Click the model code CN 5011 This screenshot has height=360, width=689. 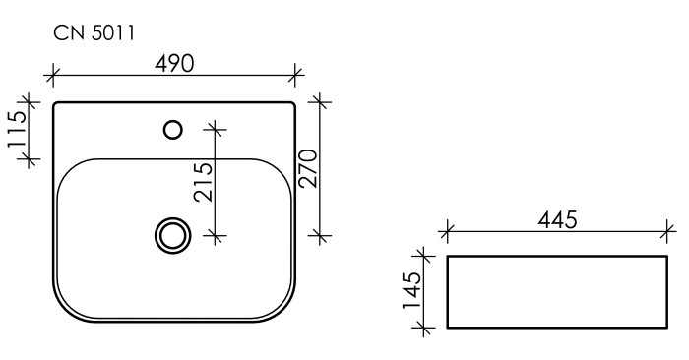94,33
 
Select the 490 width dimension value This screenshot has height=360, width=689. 175,62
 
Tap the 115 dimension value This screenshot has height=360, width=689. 16,130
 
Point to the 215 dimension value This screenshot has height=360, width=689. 204,181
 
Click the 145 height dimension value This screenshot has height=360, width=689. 414,291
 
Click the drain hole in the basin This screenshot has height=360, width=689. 173,235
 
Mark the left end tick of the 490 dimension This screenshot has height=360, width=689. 53,74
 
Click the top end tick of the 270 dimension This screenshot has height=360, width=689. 318,100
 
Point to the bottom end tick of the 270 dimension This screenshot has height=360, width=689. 318,235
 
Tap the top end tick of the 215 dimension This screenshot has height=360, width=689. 216,128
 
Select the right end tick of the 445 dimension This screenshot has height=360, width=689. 668,233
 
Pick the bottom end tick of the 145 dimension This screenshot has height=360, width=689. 426,328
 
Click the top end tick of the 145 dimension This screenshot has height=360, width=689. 426,256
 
